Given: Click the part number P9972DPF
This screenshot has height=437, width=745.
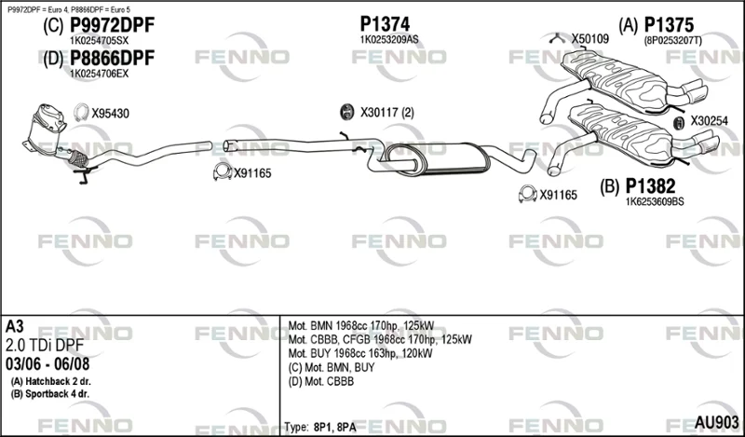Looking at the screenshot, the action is (112, 25).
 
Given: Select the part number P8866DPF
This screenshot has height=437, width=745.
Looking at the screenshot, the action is (112, 58).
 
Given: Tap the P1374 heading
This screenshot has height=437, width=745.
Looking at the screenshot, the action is (385, 23).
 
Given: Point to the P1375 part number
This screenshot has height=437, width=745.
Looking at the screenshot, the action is (669, 25).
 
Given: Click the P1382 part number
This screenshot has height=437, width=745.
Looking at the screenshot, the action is (650, 186).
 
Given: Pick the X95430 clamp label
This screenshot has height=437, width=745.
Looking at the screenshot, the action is (110, 114).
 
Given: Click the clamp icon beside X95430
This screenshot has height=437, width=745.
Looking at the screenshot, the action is (81, 112).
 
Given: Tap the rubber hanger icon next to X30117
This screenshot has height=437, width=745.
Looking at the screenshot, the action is (347, 112).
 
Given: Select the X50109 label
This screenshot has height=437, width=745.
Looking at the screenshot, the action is (589, 39).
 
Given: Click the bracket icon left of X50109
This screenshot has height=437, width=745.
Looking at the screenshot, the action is (556, 38).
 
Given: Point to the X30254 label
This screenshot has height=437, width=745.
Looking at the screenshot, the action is (709, 121).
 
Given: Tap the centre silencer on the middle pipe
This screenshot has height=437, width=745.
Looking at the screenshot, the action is (436, 158).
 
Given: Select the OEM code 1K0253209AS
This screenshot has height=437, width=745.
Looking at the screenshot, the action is (389, 40).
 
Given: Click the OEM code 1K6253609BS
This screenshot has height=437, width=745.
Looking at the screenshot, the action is (655, 201).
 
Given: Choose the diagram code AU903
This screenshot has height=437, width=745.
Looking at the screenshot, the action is (716, 422).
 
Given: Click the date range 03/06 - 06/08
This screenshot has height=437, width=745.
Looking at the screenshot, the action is (47, 364).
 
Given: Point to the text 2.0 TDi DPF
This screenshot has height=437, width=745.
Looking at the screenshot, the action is (45, 346).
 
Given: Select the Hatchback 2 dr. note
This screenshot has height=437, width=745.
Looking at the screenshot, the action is (51, 381).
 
